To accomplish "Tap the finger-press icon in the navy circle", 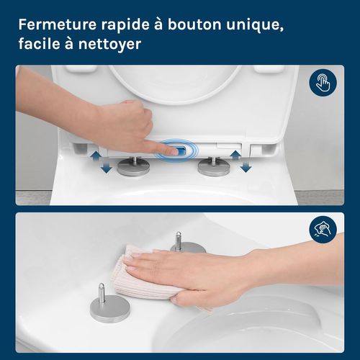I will coord(323,83).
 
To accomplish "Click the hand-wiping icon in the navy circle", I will coord(323,230).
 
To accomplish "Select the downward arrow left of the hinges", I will coord(107,168).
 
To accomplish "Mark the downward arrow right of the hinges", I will coord(246,167).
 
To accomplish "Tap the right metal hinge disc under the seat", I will coord(215,167).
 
